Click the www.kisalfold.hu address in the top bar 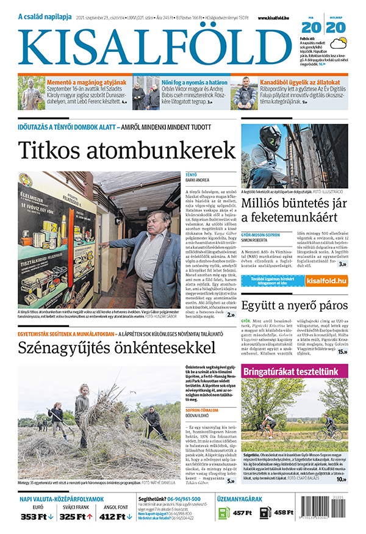(277, 19)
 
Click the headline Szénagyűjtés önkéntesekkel (116, 348)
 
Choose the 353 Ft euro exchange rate (35, 517)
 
